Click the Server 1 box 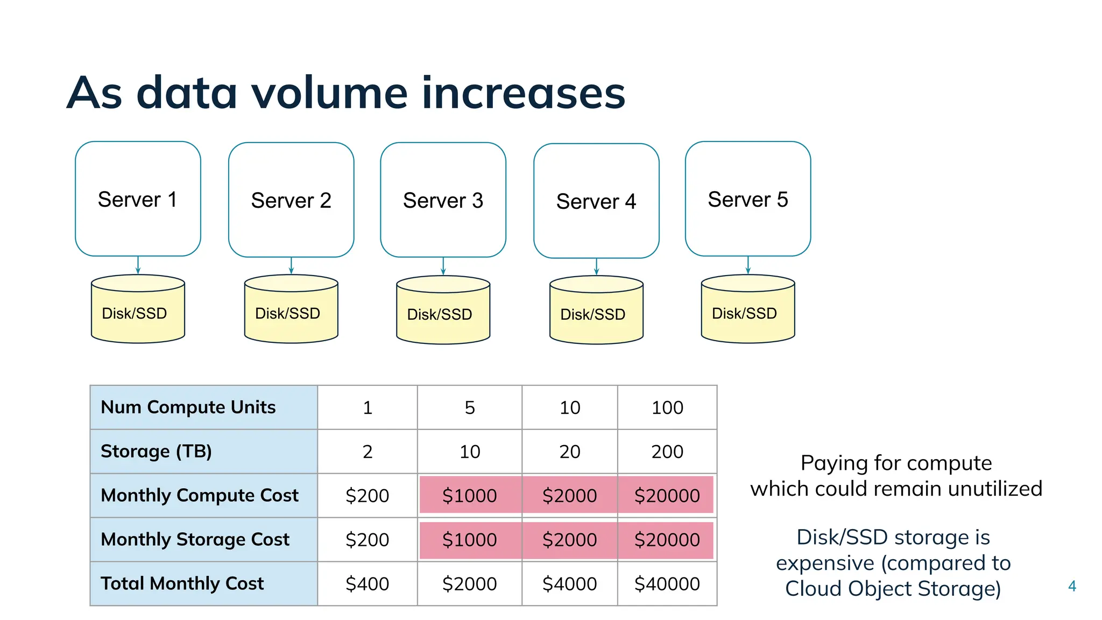click(138, 199)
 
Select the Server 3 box click(443, 200)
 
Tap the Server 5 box click(747, 199)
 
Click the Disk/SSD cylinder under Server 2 click(291, 310)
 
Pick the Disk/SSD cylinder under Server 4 click(596, 311)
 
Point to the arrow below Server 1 click(138, 265)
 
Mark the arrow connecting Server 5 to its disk click(748, 265)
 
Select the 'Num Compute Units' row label click(188, 407)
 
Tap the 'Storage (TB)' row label click(156, 451)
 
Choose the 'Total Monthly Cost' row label click(182, 583)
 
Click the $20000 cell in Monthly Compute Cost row click(667, 495)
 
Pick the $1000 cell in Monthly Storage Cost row click(469, 539)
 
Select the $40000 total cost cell click(667, 583)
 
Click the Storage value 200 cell click(667, 452)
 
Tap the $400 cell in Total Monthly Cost click(367, 583)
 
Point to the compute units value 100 click(667, 407)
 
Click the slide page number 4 click(1072, 586)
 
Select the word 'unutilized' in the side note click(995, 489)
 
